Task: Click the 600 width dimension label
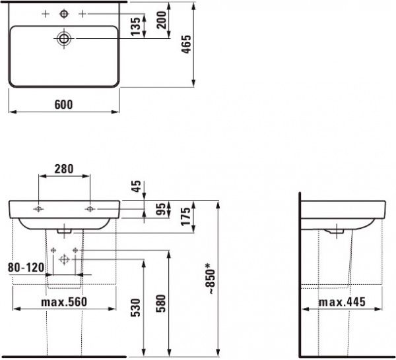63,104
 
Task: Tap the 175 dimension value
186,216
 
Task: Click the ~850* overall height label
211,282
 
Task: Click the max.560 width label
63,302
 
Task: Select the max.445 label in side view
341,302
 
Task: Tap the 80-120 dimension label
24,268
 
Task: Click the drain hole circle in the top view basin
64,39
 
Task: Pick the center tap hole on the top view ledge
64,13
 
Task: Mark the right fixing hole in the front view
90,209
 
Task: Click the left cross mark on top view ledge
46,13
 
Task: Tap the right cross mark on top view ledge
82,13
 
